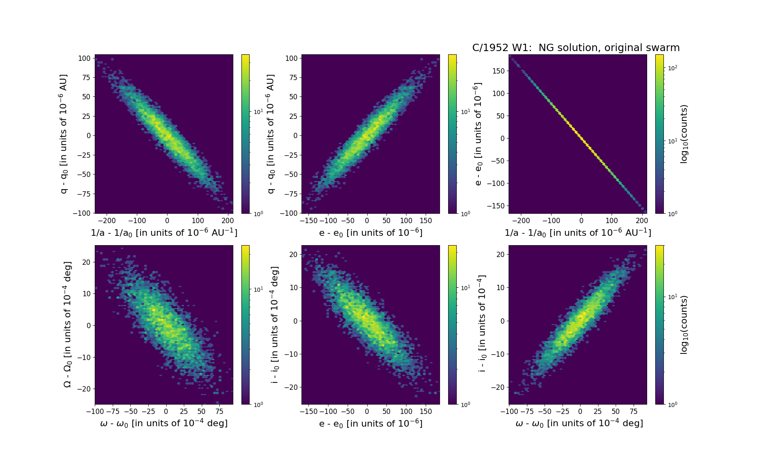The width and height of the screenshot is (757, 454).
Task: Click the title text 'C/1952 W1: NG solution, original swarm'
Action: coord(576,48)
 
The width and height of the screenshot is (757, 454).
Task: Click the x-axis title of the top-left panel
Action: coord(164,233)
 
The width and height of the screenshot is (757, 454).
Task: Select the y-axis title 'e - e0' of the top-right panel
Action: coord(478,134)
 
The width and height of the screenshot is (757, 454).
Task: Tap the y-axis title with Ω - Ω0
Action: coord(67,324)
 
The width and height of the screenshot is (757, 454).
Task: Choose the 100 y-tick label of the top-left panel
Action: coord(84,58)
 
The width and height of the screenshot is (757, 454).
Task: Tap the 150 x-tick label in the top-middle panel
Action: coord(426,221)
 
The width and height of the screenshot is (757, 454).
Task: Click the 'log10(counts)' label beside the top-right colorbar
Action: coord(684,134)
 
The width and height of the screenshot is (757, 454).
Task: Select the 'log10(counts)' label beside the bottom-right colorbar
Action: coord(684,324)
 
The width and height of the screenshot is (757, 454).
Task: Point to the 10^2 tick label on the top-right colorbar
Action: coord(672,68)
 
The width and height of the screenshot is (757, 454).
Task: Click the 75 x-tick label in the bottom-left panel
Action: coord(219,412)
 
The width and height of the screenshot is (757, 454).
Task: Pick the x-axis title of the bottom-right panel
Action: coord(579,423)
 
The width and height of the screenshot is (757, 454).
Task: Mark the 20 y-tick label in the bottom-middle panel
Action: coord(294,254)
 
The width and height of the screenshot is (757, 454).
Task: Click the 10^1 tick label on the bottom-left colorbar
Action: coord(258,289)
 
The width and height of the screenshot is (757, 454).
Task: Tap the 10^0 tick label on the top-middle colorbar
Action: coord(465,213)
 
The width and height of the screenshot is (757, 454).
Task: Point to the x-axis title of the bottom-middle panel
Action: coord(371,423)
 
